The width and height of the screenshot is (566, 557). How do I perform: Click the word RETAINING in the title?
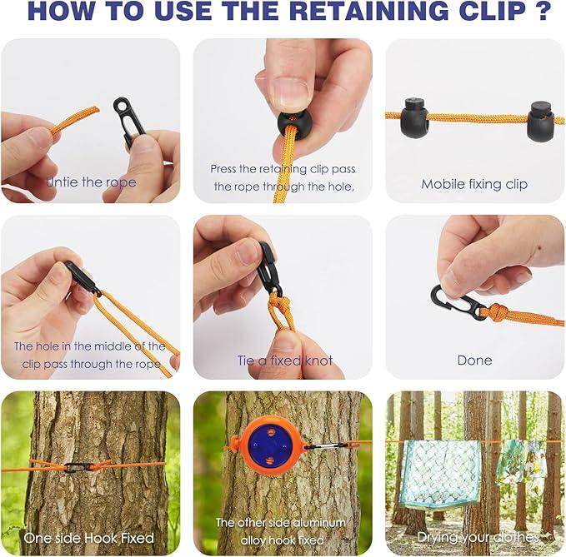pos(369,11)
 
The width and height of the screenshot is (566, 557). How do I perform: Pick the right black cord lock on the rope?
pos(540,121)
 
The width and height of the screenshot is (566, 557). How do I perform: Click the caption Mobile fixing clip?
pos(474,185)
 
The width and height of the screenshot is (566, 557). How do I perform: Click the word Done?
pos(474,361)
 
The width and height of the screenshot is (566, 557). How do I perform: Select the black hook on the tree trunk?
pos(76,467)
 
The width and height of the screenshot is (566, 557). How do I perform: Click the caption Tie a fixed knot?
pos(285,361)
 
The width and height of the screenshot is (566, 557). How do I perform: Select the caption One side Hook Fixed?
pos(89,538)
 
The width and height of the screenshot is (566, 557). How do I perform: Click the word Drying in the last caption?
pos(437,538)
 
